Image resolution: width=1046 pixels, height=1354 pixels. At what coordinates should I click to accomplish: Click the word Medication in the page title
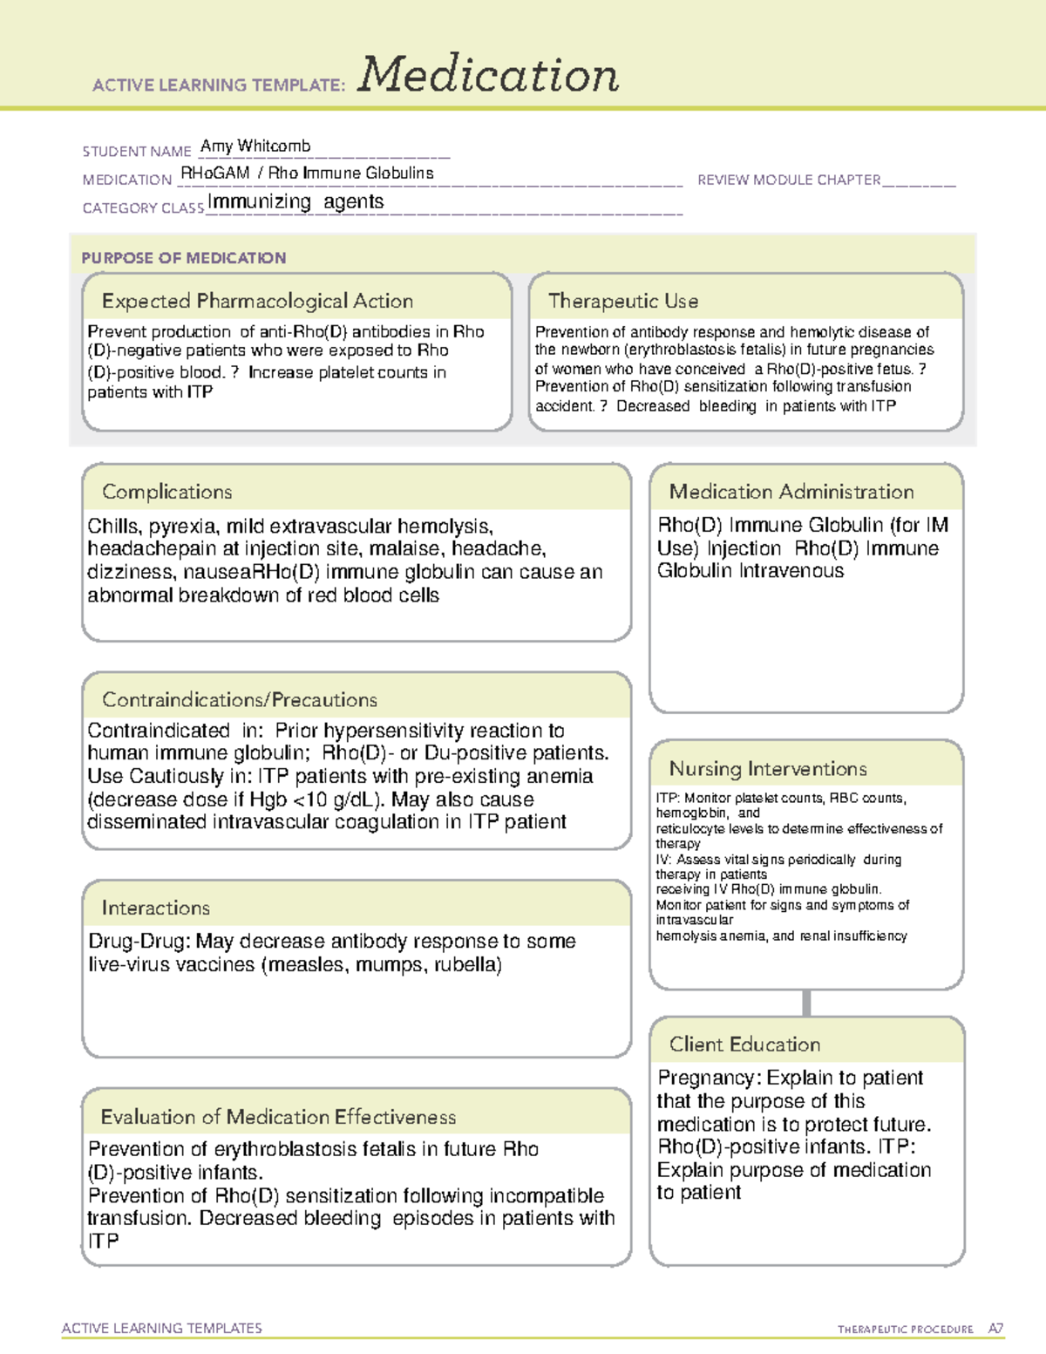click(488, 75)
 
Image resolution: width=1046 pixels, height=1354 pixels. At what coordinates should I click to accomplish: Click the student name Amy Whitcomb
click(255, 146)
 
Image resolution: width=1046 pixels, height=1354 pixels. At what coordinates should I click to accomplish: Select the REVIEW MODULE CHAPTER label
click(789, 180)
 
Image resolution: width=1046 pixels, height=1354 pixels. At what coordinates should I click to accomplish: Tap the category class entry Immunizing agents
click(295, 201)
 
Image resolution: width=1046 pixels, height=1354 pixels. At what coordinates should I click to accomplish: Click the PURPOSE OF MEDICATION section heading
click(183, 258)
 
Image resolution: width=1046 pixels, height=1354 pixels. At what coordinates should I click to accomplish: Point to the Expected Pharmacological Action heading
click(257, 301)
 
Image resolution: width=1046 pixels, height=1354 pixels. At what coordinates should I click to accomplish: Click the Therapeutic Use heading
click(622, 301)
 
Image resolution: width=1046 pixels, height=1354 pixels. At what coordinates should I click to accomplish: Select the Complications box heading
click(166, 492)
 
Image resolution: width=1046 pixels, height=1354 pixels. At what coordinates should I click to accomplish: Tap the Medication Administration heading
click(791, 492)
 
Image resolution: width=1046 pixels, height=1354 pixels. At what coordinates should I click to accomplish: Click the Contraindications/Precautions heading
click(239, 699)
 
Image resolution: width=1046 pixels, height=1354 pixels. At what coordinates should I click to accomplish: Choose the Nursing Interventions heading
click(767, 768)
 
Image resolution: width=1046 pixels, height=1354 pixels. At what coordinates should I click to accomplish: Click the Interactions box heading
click(155, 908)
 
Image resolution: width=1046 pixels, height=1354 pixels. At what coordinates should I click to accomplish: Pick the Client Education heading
click(744, 1044)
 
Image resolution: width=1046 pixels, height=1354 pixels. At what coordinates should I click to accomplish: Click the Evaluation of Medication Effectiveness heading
click(278, 1117)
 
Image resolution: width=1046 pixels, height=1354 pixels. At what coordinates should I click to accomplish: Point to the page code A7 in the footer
click(995, 1329)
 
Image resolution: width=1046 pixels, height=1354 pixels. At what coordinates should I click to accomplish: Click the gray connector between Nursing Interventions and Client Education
click(806, 1003)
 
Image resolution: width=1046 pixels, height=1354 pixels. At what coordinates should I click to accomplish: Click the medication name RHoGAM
click(214, 173)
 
